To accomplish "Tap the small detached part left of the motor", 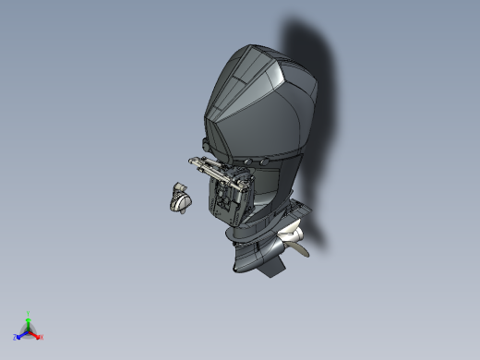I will tap(179, 198).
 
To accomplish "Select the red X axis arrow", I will tap(36, 336).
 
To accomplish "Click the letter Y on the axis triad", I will tap(29, 313).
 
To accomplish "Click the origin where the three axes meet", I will tap(29, 331).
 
